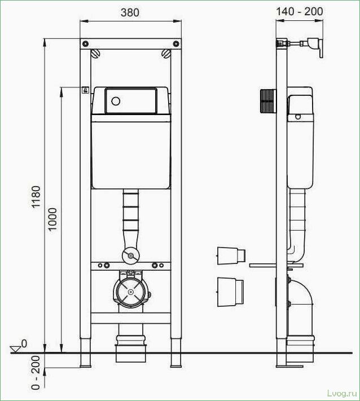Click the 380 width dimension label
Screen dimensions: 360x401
click(130, 12)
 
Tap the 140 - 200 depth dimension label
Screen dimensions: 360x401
click(300, 11)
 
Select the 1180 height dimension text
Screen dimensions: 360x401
click(36, 197)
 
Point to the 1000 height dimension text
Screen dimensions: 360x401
click(52, 219)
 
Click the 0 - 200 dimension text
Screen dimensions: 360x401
click(36, 373)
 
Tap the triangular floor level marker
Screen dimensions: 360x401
click(16, 349)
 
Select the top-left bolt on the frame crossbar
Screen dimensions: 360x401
click(86, 43)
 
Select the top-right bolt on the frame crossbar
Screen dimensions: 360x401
click(176, 43)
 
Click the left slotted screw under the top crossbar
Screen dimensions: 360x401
click(95, 54)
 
